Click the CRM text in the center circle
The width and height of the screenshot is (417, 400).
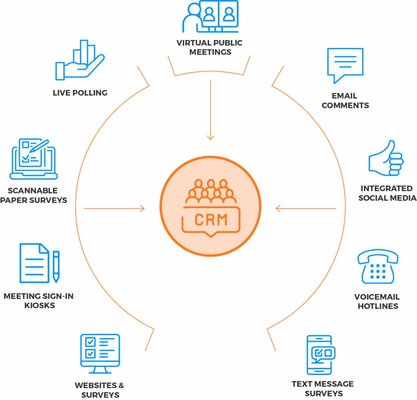tap(211, 220)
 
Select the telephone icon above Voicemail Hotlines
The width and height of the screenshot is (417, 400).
tap(377, 267)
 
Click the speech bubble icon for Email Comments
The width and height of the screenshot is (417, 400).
tap(345, 65)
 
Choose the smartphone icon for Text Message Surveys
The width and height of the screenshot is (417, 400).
tap(320, 355)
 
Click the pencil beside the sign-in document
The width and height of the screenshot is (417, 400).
tap(56, 266)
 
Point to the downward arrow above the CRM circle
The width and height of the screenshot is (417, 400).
tap(210, 110)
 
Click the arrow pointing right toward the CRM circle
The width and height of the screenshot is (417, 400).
tap(114, 209)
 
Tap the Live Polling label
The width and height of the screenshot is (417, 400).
tap(80, 93)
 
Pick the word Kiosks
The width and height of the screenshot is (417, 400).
tap(39, 305)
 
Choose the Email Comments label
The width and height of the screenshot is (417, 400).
tap(345, 100)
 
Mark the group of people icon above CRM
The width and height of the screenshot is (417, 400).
tap(211, 192)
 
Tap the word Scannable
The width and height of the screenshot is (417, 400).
tap(33, 190)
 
